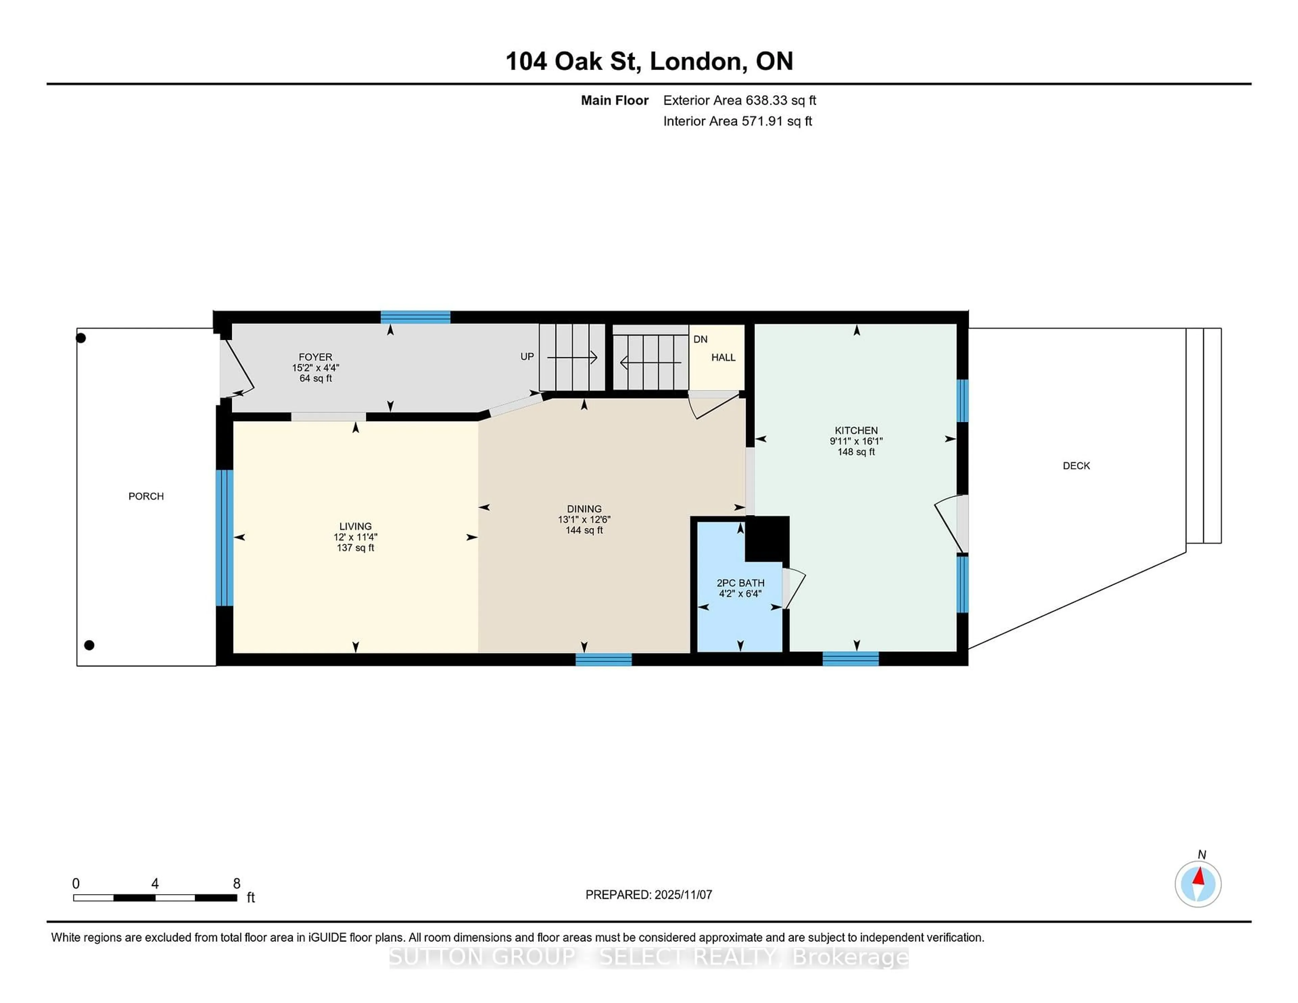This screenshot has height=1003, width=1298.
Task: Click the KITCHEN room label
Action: tap(856, 430)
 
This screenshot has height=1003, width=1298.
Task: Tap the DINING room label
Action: tap(584, 509)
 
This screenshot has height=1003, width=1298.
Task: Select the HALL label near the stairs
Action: tap(723, 357)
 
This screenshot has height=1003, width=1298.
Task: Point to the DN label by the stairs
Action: tap(700, 339)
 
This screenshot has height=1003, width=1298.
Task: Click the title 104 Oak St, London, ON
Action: tap(649, 61)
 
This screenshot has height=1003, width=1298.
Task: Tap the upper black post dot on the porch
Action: tap(81, 338)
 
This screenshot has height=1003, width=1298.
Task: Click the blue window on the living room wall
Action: tap(224, 538)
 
